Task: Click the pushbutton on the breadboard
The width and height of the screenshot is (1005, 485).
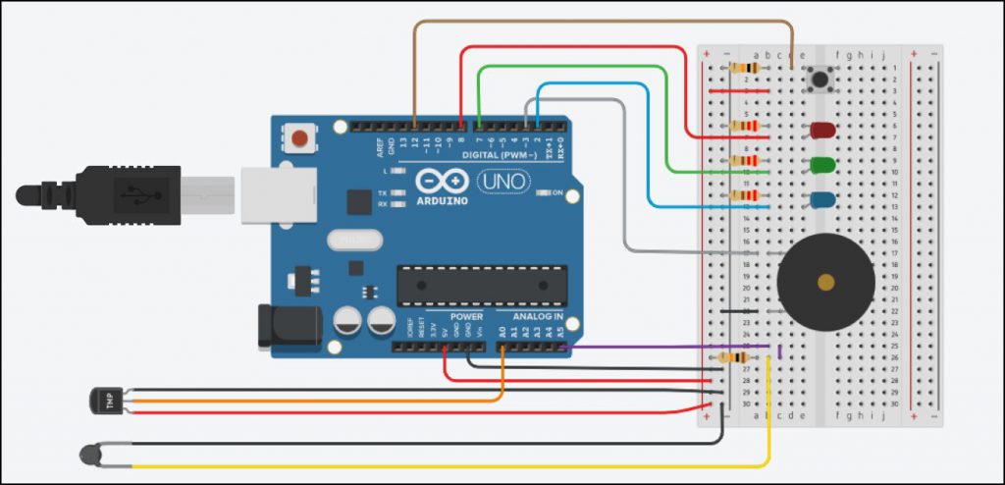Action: point(817,80)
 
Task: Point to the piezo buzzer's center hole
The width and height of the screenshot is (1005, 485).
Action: point(825,283)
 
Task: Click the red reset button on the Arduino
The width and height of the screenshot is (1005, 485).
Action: point(299,138)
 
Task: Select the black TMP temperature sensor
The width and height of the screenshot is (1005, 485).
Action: point(103,400)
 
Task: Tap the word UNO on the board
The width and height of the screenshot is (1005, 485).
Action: point(502,181)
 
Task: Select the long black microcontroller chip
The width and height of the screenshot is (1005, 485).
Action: point(481,285)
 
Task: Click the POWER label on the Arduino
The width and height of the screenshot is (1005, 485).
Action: point(466,317)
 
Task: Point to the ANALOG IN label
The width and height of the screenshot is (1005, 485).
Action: point(538,317)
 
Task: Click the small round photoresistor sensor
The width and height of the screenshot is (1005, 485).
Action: point(91,454)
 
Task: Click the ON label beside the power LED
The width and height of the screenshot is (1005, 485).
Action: point(555,192)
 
